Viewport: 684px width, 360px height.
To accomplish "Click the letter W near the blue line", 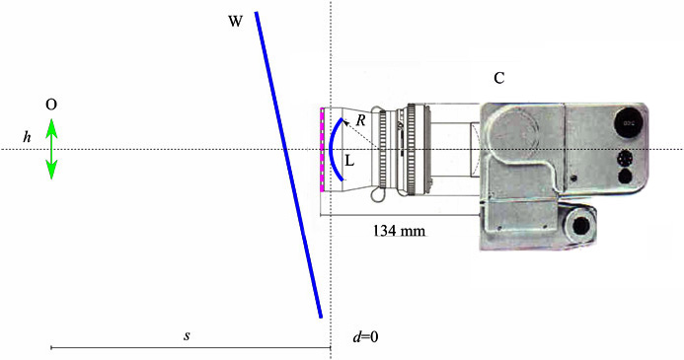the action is pyautogui.click(x=235, y=21).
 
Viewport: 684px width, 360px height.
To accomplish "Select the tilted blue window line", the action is pyautogui.click(x=288, y=165).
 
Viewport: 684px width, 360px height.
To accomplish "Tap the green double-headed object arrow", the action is pyautogui.click(x=51, y=149).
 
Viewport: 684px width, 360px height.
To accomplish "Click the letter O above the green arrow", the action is pyautogui.click(x=51, y=105).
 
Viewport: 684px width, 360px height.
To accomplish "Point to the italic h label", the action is pyautogui.click(x=28, y=137).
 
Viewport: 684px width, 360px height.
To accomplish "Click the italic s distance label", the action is pyautogui.click(x=187, y=336).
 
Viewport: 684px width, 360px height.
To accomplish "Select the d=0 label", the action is pyautogui.click(x=365, y=337).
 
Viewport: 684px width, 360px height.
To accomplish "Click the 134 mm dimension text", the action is pyautogui.click(x=399, y=230).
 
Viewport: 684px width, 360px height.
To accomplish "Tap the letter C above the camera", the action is pyautogui.click(x=499, y=78).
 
